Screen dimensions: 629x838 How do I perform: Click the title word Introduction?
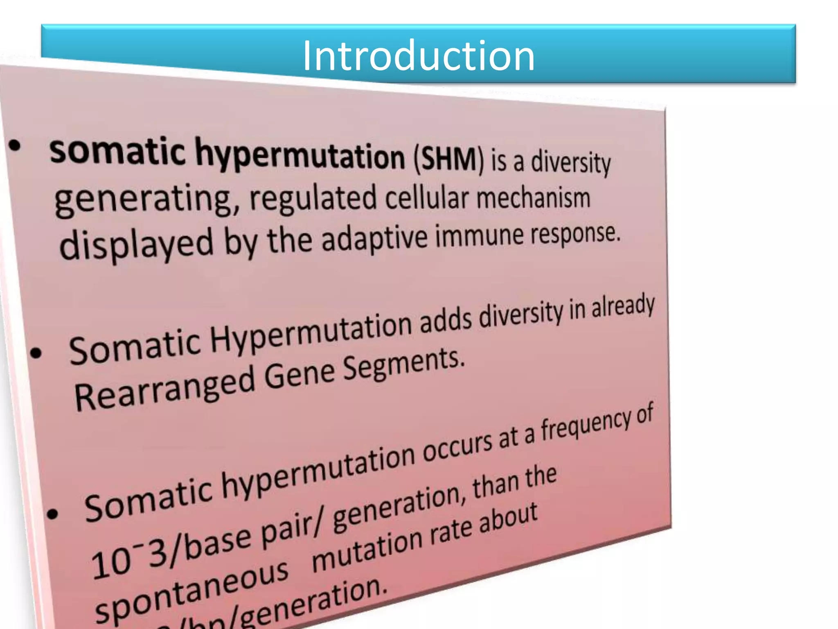[418, 56]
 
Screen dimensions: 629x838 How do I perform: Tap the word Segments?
[403, 363]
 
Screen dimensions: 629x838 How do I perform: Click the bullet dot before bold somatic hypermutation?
[15, 145]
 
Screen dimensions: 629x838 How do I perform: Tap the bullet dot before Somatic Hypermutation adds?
[36, 353]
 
